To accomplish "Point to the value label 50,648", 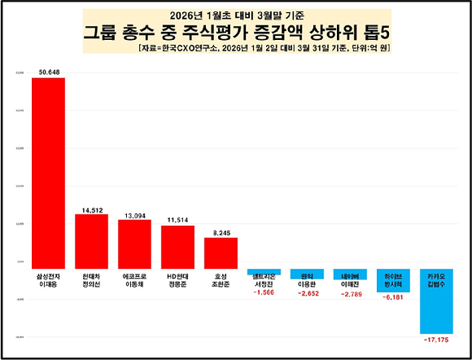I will click(x=50, y=71).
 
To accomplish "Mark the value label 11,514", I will click(x=177, y=219).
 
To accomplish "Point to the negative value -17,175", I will click(x=437, y=340).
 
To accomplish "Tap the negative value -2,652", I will click(x=308, y=292).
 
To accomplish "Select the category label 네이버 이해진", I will click(x=350, y=279).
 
